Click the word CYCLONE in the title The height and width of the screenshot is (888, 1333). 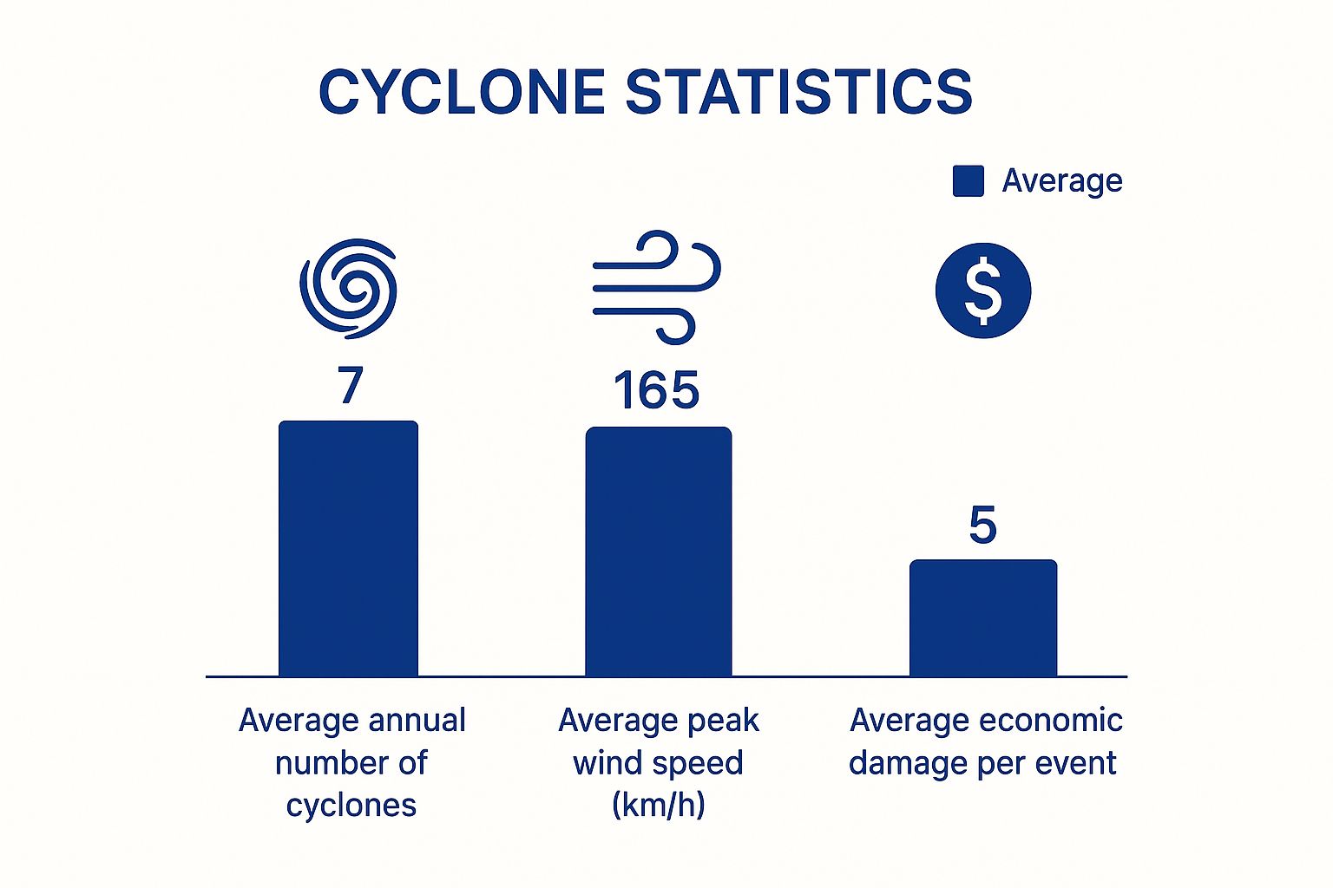[462, 92]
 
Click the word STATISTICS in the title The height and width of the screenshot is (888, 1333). [798, 92]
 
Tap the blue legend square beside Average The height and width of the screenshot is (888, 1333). [968, 181]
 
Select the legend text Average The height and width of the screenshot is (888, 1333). [1062, 181]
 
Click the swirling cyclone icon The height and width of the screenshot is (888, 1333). [349, 288]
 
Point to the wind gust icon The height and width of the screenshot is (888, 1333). [656, 287]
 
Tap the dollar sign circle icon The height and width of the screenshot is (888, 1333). [982, 291]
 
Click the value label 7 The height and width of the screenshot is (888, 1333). [350, 386]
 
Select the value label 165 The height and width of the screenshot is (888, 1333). [656, 391]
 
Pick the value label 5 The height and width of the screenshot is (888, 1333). [982, 526]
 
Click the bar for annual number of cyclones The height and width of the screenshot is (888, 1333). [348, 548]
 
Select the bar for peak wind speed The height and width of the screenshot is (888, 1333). [658, 552]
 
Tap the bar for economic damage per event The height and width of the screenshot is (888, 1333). [982, 617]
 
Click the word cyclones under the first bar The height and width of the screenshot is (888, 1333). [351, 806]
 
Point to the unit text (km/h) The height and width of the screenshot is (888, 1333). [658, 805]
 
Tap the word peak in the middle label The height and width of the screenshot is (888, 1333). [720, 721]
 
